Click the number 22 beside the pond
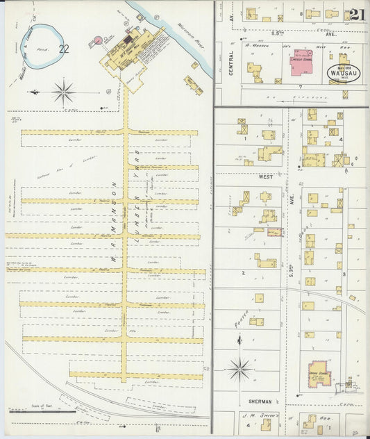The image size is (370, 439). click(x=65, y=49)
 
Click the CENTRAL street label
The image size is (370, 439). click(x=230, y=68)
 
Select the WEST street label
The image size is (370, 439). click(x=265, y=178)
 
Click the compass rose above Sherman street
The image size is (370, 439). click(x=240, y=369)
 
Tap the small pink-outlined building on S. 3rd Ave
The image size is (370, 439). click(x=275, y=232)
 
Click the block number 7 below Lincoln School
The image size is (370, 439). click(x=300, y=87)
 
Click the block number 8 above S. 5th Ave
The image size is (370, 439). click(x=301, y=13)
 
